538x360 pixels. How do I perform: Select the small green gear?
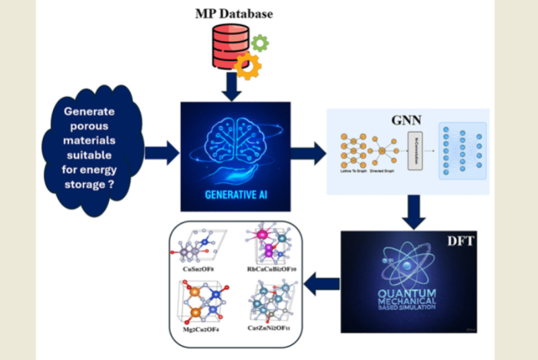(260, 42)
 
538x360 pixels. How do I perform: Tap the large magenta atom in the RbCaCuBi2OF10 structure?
(268, 250)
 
